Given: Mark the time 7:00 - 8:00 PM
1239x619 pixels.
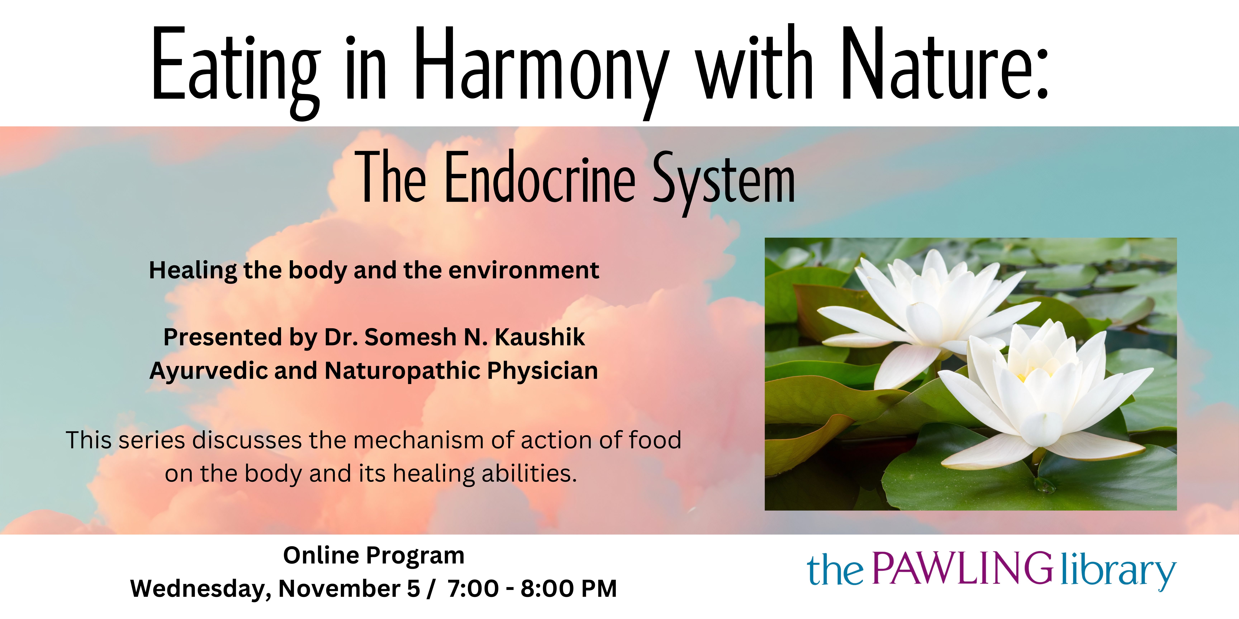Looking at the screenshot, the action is [x=532, y=589].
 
